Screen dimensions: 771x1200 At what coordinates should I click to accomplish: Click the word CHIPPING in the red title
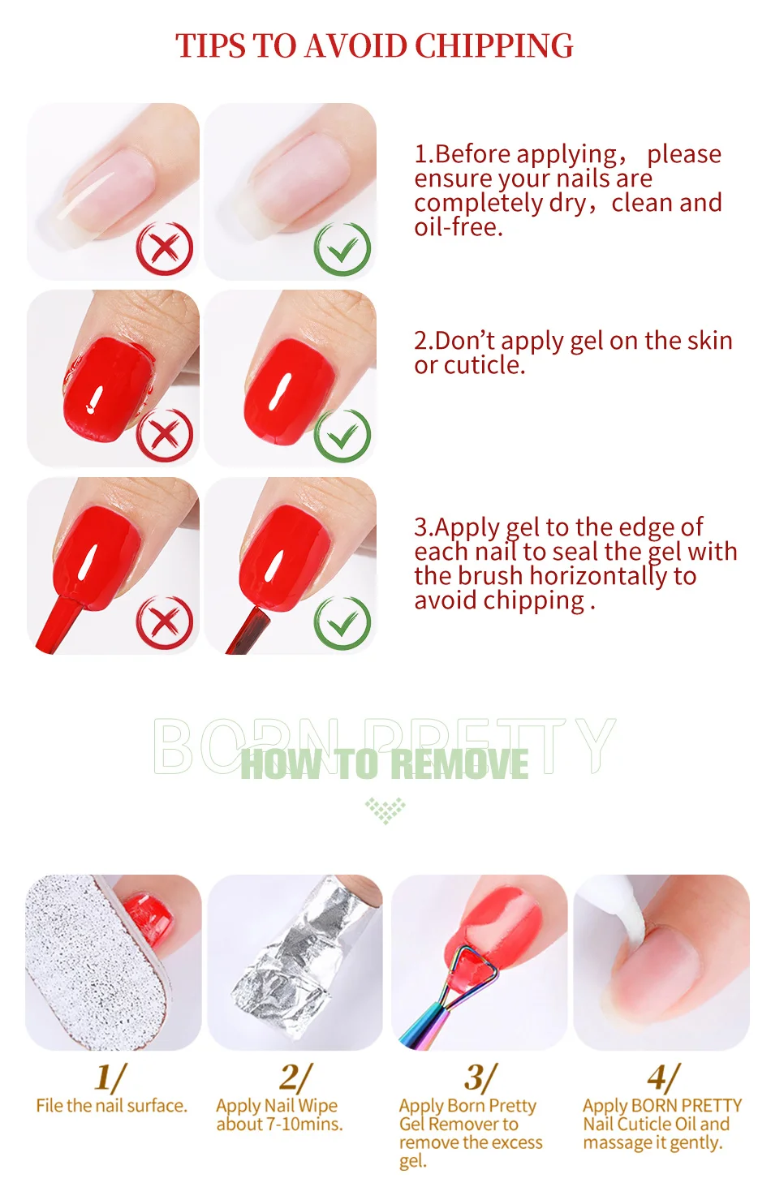pos(493,45)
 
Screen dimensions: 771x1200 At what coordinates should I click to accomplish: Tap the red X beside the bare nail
pos(165,249)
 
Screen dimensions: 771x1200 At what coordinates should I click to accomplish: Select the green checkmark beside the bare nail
pos(342,249)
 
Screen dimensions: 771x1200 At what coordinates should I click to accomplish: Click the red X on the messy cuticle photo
pos(165,435)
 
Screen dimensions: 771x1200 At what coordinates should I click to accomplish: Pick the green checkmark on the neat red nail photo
pos(342,435)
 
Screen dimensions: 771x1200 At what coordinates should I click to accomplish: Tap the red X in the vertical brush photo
pos(165,622)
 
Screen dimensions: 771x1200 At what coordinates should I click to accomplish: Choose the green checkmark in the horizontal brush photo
pos(342,622)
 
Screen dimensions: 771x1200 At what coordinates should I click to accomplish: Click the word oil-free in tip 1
pos(459,227)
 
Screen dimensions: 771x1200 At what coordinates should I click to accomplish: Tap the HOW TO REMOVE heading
pos(385,763)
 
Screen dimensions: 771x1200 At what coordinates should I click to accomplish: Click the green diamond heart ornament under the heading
pos(385,811)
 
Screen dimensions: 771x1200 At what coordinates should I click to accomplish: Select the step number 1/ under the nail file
pos(110,1077)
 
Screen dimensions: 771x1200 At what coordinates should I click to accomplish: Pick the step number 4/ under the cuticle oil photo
pos(663,1077)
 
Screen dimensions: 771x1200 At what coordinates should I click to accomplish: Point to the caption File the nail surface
pos(111,1106)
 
